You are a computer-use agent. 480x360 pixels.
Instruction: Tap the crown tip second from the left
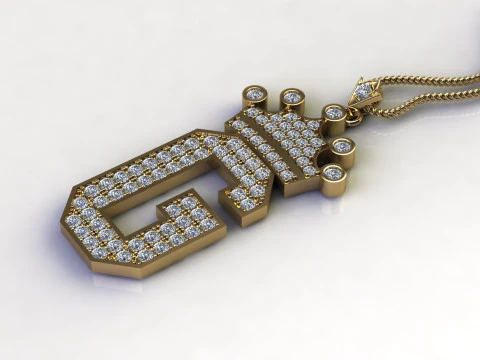[x=292, y=98]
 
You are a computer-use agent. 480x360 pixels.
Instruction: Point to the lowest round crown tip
[x=333, y=174]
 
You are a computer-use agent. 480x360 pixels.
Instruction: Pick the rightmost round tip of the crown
[x=343, y=147]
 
